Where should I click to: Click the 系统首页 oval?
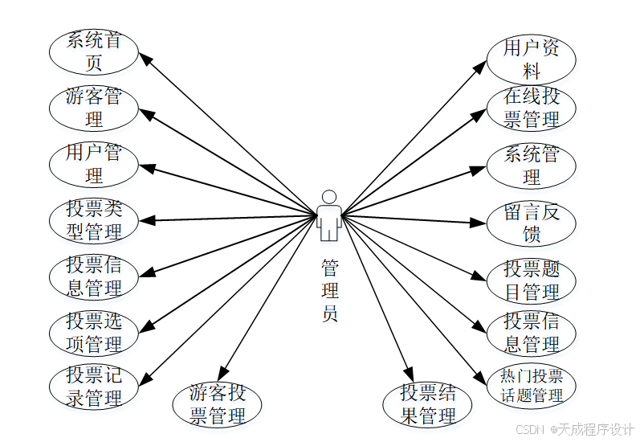tap(94, 51)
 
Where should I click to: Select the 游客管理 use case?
tap(94, 108)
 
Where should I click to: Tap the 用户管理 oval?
tap(94, 163)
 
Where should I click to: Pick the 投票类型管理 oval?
tap(94, 220)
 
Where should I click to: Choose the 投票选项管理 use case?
tap(94, 333)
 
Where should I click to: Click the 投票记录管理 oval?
tap(94, 386)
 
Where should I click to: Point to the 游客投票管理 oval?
tap(218, 404)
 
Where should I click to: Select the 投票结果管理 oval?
tap(429, 404)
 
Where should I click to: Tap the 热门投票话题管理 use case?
tap(532, 385)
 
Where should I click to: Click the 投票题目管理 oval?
tap(532, 280)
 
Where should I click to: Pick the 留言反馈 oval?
tap(532, 223)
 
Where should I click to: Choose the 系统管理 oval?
tap(532, 165)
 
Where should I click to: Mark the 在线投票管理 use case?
tap(532, 108)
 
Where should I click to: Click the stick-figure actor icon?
tap(328, 215)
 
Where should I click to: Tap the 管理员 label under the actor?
tap(329, 289)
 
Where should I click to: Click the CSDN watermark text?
tap(574, 429)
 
